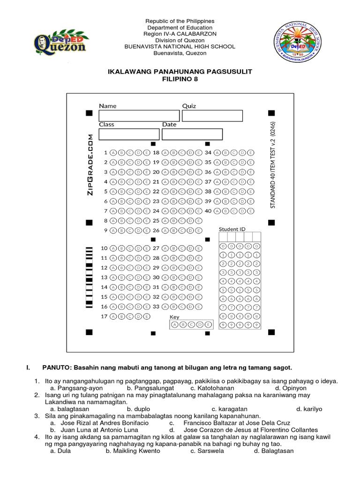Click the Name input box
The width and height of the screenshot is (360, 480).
tap(139, 116)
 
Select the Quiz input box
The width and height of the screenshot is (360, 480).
tap(212, 116)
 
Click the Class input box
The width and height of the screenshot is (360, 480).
tap(129, 134)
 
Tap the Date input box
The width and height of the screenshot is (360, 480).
tap(192, 134)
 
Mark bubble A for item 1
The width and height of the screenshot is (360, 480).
tap(112, 153)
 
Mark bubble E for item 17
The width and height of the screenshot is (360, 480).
tap(147, 316)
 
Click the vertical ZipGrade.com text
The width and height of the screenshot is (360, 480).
tap(90, 164)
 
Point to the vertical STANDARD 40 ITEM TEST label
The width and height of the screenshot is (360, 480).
tap(273, 164)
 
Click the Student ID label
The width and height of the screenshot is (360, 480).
tap(232, 229)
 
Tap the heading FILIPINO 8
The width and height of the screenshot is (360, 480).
tap(180, 80)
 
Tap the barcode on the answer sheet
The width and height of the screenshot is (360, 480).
tap(89, 277)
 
